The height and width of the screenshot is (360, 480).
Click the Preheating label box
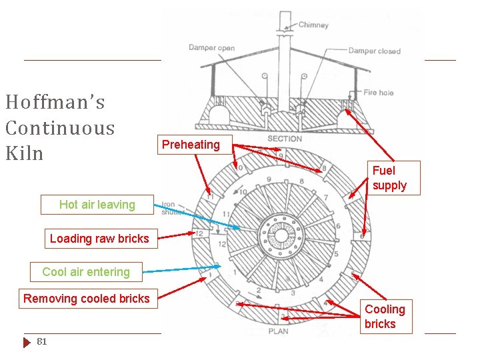191,145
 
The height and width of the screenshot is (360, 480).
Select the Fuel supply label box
389,178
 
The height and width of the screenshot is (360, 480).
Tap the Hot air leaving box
97,205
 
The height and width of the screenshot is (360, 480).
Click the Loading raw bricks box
99,238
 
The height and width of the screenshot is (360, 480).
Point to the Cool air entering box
86,271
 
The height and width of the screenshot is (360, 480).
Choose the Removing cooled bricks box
87,298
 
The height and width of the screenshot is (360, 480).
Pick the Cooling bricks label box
385,317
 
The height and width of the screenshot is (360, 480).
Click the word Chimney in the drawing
313,25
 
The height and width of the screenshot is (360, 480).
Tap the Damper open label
211,47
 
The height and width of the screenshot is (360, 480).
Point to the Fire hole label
379,92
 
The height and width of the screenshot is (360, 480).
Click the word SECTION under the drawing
285,139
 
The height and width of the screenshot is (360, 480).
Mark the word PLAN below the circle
278,331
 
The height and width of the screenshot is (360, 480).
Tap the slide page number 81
42,342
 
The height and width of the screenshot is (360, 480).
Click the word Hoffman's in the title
55,102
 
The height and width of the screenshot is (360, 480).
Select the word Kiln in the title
24,153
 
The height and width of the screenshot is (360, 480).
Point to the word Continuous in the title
59,128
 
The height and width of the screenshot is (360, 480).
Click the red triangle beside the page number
27,342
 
